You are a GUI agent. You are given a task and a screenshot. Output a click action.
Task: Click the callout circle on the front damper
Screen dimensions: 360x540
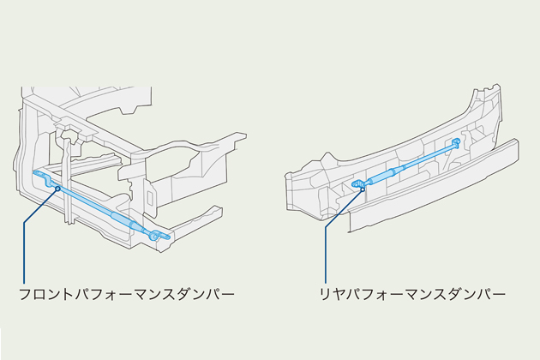(x=57, y=189)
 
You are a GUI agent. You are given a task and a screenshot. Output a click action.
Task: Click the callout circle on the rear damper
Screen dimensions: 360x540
(x=363, y=189)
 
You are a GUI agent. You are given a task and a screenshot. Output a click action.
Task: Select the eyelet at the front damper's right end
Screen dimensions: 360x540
(x=155, y=234)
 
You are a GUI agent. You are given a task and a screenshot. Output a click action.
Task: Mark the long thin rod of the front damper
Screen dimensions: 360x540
(x=86, y=201)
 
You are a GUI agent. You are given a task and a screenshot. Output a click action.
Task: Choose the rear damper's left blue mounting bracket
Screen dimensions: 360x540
(x=356, y=183)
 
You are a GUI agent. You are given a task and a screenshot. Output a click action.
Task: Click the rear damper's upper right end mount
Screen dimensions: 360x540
(x=457, y=141)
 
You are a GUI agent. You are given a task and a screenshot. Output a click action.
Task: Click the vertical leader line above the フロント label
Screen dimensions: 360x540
(x=26, y=249)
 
